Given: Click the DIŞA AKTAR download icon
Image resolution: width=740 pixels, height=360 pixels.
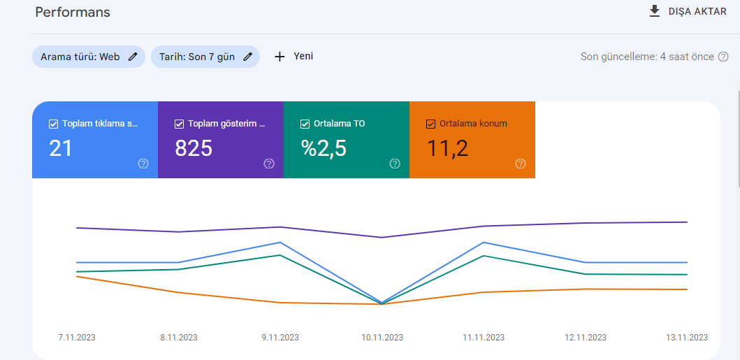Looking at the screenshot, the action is [x=654, y=11].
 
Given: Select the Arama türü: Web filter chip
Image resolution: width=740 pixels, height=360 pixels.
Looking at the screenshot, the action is [x=89, y=57].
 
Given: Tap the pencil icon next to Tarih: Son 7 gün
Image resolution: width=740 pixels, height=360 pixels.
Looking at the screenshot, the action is [x=247, y=57].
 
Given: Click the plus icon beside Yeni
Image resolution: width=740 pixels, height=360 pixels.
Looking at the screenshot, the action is [x=280, y=57].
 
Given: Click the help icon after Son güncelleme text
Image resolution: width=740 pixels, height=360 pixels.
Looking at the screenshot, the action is [x=723, y=57].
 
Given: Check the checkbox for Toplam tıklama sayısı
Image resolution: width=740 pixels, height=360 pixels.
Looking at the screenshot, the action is [x=53, y=124].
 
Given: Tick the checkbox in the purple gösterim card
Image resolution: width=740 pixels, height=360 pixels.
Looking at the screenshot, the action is [x=179, y=124].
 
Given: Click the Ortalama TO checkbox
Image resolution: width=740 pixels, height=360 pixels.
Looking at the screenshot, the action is [x=305, y=124].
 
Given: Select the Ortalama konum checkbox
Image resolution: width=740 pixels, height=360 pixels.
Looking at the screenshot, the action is [x=430, y=124].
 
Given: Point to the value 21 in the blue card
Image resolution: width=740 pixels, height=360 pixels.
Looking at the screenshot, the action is [x=61, y=148].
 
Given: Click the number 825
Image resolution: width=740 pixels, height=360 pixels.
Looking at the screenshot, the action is [x=194, y=148].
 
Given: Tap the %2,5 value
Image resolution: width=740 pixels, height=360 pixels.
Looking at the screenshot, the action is [x=324, y=148].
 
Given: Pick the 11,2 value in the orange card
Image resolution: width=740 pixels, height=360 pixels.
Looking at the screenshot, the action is [x=447, y=148].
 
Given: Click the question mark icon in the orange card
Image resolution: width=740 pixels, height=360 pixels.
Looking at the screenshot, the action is [x=521, y=164].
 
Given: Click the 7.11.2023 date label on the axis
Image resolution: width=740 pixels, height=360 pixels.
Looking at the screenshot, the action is [x=77, y=338].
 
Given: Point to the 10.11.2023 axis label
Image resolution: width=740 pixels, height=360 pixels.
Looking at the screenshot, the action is [x=382, y=338].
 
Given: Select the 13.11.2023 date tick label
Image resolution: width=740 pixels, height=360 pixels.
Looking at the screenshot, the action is [x=687, y=338].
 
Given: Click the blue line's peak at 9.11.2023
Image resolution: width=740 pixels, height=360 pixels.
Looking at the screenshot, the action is [x=280, y=243].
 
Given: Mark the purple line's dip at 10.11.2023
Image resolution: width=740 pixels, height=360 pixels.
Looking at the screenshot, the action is [x=382, y=238].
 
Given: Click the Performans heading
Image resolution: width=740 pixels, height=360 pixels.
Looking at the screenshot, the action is [x=73, y=13].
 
